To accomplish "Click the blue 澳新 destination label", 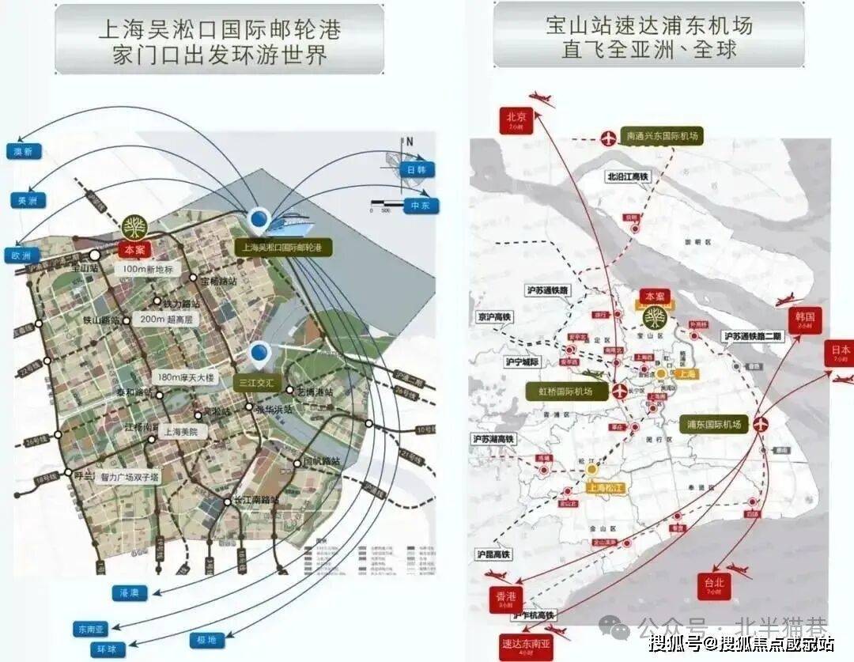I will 23,152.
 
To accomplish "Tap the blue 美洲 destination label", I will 28,201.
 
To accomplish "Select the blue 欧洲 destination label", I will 21,255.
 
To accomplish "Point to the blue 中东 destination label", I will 421,206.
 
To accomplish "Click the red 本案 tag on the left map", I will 134,248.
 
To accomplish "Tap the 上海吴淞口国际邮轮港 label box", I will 283,248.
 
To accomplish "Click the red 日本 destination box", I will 841,353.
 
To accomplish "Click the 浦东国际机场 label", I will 714,425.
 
